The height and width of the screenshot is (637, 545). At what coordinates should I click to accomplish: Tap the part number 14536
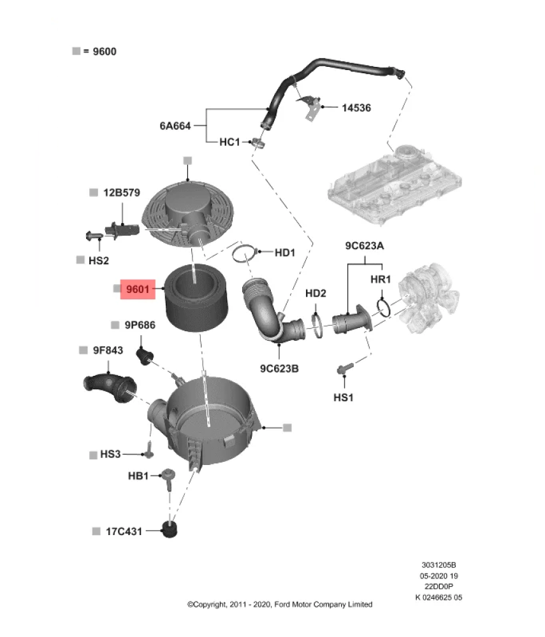pos(356,108)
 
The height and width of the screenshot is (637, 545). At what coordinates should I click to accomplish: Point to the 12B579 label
pos(122,192)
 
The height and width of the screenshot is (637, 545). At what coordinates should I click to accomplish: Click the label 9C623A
pos(365,245)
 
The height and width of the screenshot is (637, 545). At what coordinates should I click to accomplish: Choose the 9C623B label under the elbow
pos(279,368)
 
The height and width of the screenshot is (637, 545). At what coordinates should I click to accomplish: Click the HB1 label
pos(138,476)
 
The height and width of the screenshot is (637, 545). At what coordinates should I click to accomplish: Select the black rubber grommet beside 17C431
pos(170,529)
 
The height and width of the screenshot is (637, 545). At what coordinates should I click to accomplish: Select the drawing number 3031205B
pos(439,565)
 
